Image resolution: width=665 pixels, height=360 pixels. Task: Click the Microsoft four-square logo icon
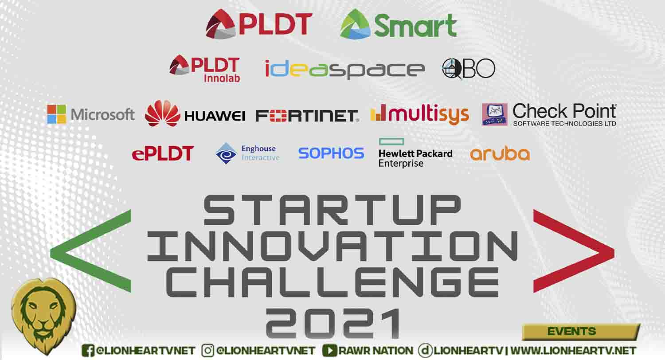[x=56, y=114]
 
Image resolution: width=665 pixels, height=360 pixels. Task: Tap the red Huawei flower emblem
[x=162, y=113]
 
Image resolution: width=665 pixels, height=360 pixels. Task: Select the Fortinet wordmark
[x=307, y=116]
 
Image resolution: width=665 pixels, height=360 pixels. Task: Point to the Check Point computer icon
[x=495, y=114]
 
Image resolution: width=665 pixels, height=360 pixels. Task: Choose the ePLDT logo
[x=163, y=153]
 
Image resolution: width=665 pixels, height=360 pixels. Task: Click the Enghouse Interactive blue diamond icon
[x=226, y=153]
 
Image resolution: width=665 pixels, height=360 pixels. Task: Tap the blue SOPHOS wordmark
[x=331, y=153]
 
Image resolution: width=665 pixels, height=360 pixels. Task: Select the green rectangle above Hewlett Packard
[x=391, y=141]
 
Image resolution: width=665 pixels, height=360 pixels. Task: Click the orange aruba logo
[x=500, y=154]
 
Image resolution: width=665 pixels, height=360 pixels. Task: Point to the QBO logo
[x=469, y=69]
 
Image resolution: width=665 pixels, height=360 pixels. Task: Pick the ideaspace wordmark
[x=344, y=69]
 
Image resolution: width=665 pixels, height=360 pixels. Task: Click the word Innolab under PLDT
[x=222, y=78]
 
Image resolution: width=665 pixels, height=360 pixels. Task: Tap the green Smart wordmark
[x=415, y=26]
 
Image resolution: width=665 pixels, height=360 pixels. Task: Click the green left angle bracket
[x=91, y=251]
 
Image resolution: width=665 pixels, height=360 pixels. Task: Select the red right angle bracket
[x=574, y=251]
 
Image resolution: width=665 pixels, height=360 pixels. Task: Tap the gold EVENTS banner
[x=581, y=332]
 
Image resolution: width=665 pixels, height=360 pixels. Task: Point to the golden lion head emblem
[x=43, y=316]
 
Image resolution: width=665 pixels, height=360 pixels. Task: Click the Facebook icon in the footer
[x=88, y=351]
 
